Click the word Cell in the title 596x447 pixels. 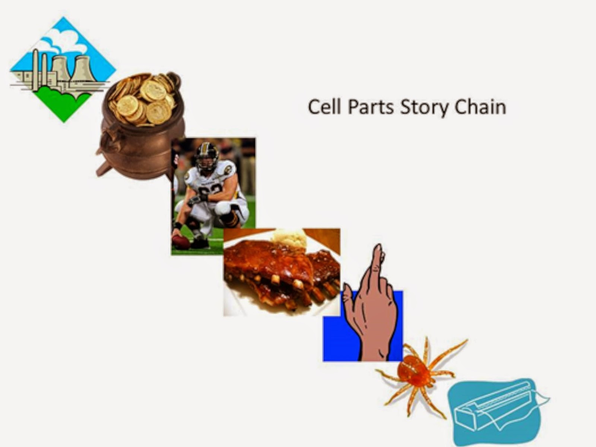[324, 107]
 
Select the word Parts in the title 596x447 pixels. [370, 107]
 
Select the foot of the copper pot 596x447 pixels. [102, 170]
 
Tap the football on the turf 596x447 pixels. [181, 242]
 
